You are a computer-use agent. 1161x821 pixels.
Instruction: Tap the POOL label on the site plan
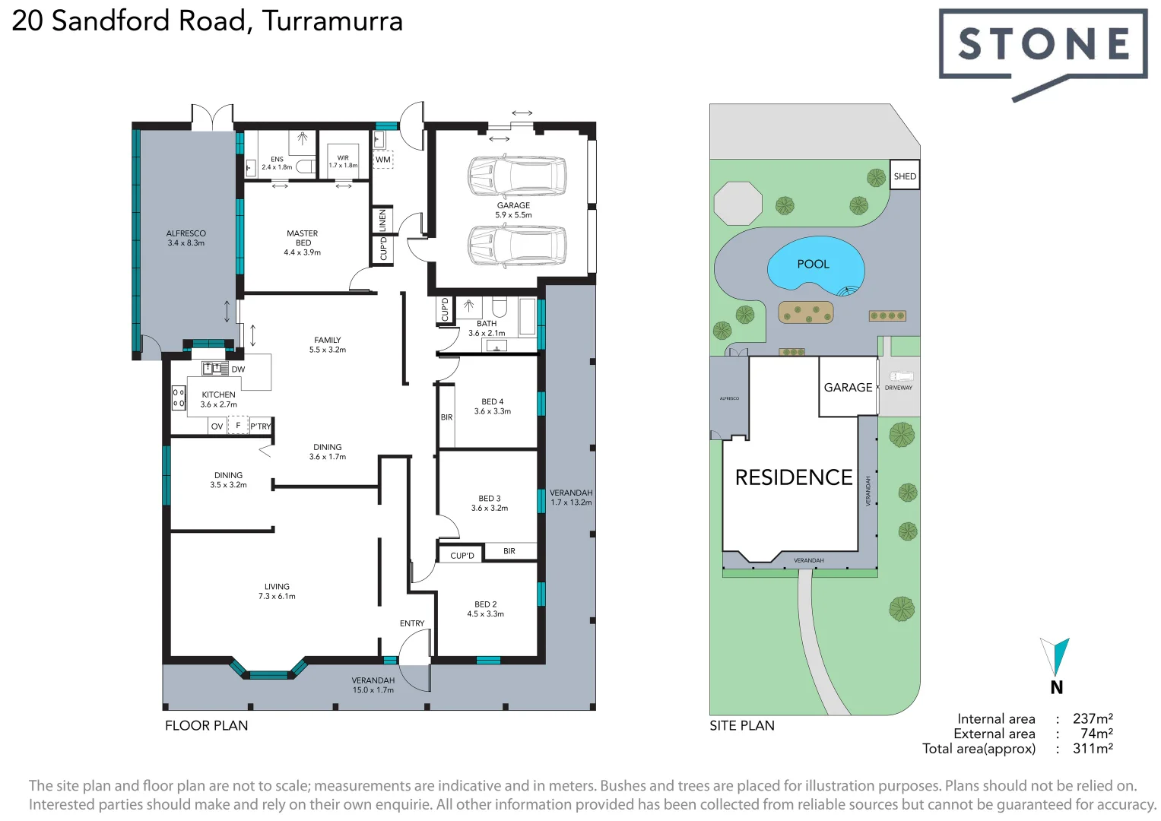(813, 265)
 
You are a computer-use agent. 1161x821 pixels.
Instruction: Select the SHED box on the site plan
(905, 176)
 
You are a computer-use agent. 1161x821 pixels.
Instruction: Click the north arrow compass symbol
(1055, 658)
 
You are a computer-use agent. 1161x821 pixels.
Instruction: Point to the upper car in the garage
(517, 175)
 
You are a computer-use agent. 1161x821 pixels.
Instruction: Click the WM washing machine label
(383, 160)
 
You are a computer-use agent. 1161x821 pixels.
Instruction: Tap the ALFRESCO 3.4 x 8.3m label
(186, 238)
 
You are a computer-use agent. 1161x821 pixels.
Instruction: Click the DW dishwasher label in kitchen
(238, 369)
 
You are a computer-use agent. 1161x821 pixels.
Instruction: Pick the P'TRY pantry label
(261, 426)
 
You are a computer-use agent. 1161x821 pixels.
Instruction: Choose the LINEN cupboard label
(382, 220)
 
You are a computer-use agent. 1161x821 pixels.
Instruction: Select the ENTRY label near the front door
(412, 623)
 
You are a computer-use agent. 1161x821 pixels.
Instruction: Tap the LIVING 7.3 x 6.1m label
(277, 591)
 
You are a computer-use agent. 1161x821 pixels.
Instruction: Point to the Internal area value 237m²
(1093, 718)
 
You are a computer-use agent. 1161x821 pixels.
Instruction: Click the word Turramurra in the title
(332, 21)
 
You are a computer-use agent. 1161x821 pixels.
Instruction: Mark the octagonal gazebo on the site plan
(738, 203)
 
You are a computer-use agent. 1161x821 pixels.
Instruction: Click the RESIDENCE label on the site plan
(794, 477)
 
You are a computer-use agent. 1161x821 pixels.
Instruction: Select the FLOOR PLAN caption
(206, 725)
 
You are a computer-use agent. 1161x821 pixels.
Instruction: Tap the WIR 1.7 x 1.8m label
(343, 162)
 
